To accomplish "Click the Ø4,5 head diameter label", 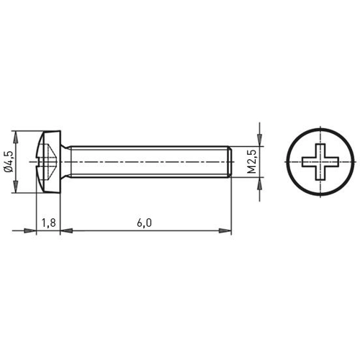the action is pos(9,161).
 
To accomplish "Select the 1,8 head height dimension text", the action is pos(49,223).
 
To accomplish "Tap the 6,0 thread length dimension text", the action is pos(145,223).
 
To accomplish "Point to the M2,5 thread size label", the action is pos(252,161).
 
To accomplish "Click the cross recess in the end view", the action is pos(320,162).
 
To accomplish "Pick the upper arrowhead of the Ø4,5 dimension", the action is pos(16,137).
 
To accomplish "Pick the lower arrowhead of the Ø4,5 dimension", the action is pos(16,186).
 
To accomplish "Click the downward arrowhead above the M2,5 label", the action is pos(260,140).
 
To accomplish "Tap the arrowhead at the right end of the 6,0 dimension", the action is pos(225,230).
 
